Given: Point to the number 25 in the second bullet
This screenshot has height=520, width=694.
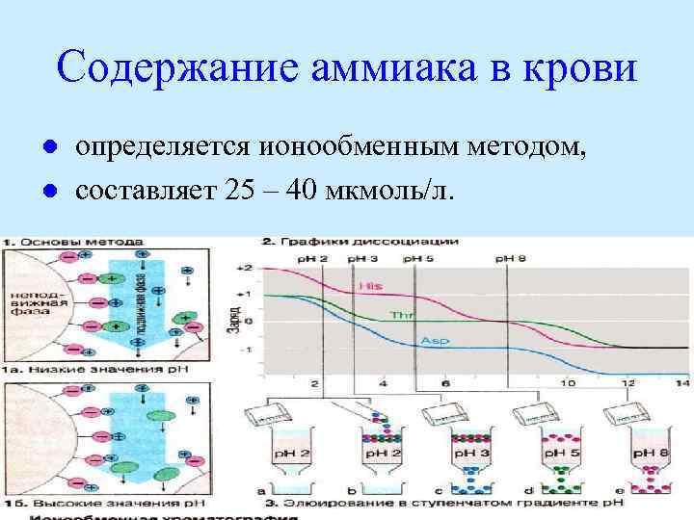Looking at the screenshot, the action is tap(237, 189).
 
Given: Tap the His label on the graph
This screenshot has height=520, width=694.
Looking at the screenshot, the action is tap(368, 286).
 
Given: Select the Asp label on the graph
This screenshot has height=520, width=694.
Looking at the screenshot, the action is tap(431, 341).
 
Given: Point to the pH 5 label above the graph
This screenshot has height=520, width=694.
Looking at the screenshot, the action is tap(416, 259).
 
